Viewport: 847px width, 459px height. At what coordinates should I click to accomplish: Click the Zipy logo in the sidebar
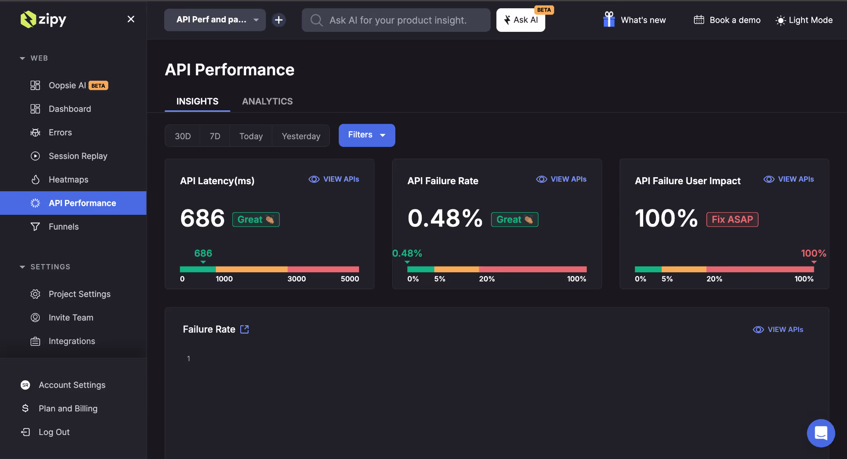pyautogui.click(x=43, y=19)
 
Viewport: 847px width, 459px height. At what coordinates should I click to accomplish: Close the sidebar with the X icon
pyautogui.click(x=131, y=19)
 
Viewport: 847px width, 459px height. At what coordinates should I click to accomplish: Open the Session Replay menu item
pyautogui.click(x=78, y=156)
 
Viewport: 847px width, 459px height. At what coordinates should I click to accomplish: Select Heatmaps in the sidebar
pyautogui.click(x=68, y=180)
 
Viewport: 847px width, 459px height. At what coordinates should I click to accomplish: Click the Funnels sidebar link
pyautogui.click(x=63, y=227)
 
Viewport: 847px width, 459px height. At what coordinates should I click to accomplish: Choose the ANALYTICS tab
pyautogui.click(x=267, y=101)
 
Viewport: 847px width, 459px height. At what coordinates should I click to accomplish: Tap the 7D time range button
pyautogui.click(x=215, y=136)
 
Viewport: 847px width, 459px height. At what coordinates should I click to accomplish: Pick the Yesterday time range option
pyautogui.click(x=301, y=136)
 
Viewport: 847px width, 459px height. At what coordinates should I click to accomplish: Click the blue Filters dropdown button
pyautogui.click(x=366, y=135)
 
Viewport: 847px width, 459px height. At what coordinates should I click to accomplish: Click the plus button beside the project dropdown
pyautogui.click(x=279, y=20)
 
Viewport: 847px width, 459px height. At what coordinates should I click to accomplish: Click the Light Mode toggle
pyautogui.click(x=804, y=20)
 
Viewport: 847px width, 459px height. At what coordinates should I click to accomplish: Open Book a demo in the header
pyautogui.click(x=727, y=20)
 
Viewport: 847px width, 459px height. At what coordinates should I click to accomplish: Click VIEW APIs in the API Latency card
pyautogui.click(x=334, y=179)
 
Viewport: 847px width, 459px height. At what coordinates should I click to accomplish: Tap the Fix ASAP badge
pyautogui.click(x=732, y=219)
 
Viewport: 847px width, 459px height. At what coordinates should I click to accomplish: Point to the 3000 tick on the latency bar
pyautogui.click(x=296, y=279)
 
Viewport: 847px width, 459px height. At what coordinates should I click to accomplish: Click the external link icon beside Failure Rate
pyautogui.click(x=244, y=329)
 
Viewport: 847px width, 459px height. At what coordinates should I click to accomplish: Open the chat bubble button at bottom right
pyautogui.click(x=821, y=433)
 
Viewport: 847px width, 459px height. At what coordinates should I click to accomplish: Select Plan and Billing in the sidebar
pyautogui.click(x=68, y=409)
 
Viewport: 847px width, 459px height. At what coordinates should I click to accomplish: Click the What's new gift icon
pyautogui.click(x=609, y=19)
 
